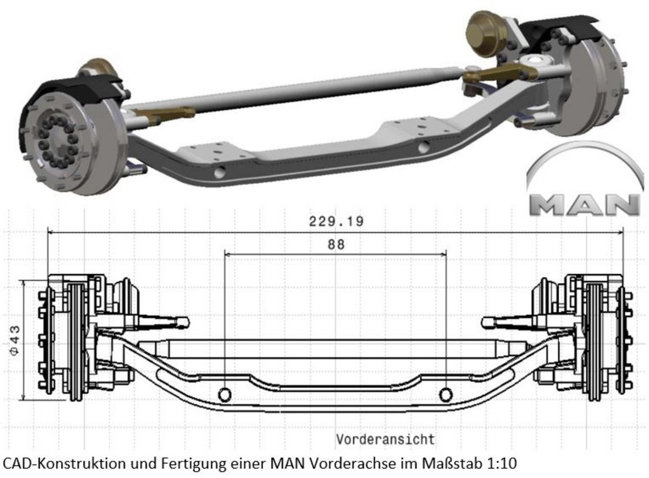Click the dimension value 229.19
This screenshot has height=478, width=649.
(x=336, y=221)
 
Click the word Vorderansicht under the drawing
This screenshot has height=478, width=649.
(x=385, y=439)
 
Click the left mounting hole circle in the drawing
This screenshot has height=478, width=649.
(x=224, y=395)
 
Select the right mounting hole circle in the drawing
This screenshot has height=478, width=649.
(x=446, y=395)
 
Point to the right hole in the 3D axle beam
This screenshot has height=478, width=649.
(x=425, y=147)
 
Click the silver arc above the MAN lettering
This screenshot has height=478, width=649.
(x=584, y=154)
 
